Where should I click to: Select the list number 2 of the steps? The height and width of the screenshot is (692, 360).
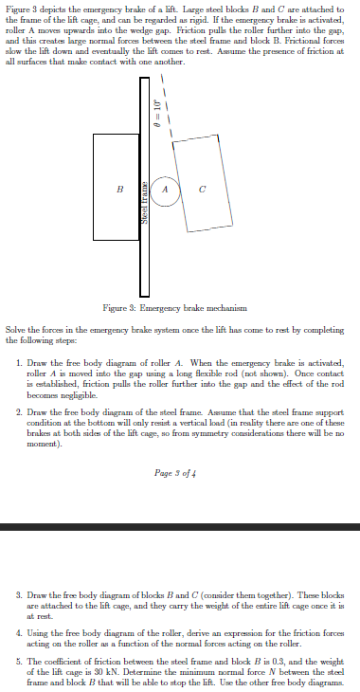tap(20, 413)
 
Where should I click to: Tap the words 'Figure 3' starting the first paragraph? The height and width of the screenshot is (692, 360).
tap(19, 8)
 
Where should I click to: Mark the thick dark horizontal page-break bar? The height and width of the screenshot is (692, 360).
tap(180, 527)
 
